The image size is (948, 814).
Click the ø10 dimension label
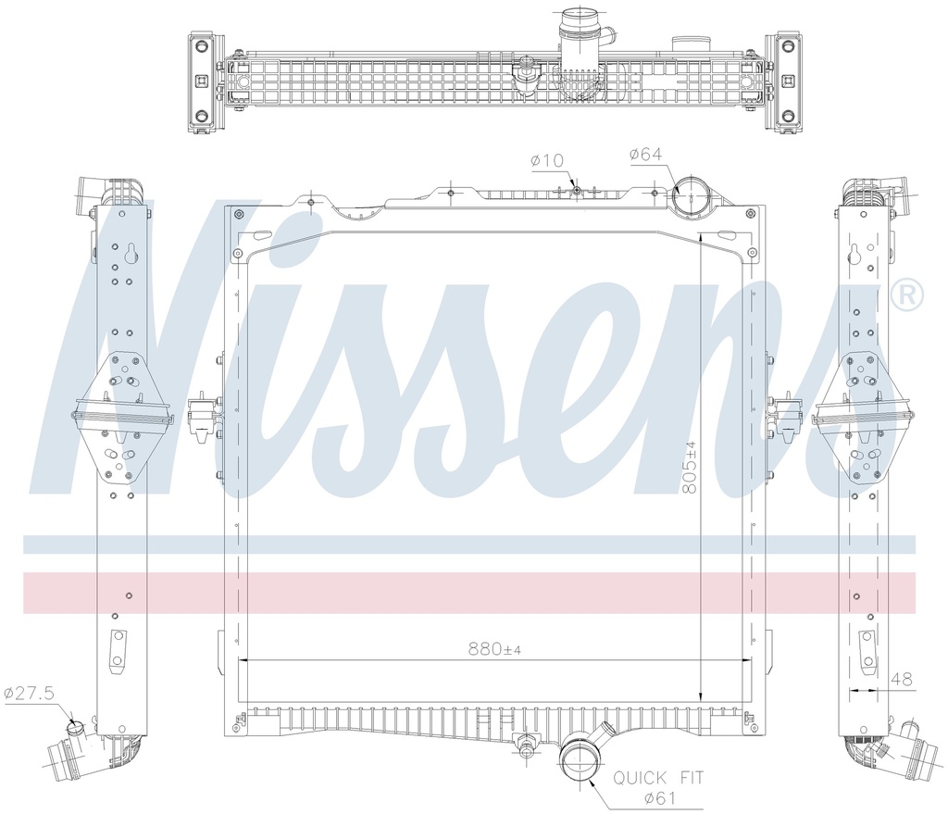pos(547,161)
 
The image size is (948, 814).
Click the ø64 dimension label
pos(646,155)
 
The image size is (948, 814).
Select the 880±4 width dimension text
pos(494,649)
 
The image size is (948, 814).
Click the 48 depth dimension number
pos(901,680)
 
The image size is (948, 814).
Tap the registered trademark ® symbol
pos(906,294)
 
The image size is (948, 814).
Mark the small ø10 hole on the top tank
pos(576,190)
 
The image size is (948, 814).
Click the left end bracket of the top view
pos(202,82)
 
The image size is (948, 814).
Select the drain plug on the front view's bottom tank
pos(528,743)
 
